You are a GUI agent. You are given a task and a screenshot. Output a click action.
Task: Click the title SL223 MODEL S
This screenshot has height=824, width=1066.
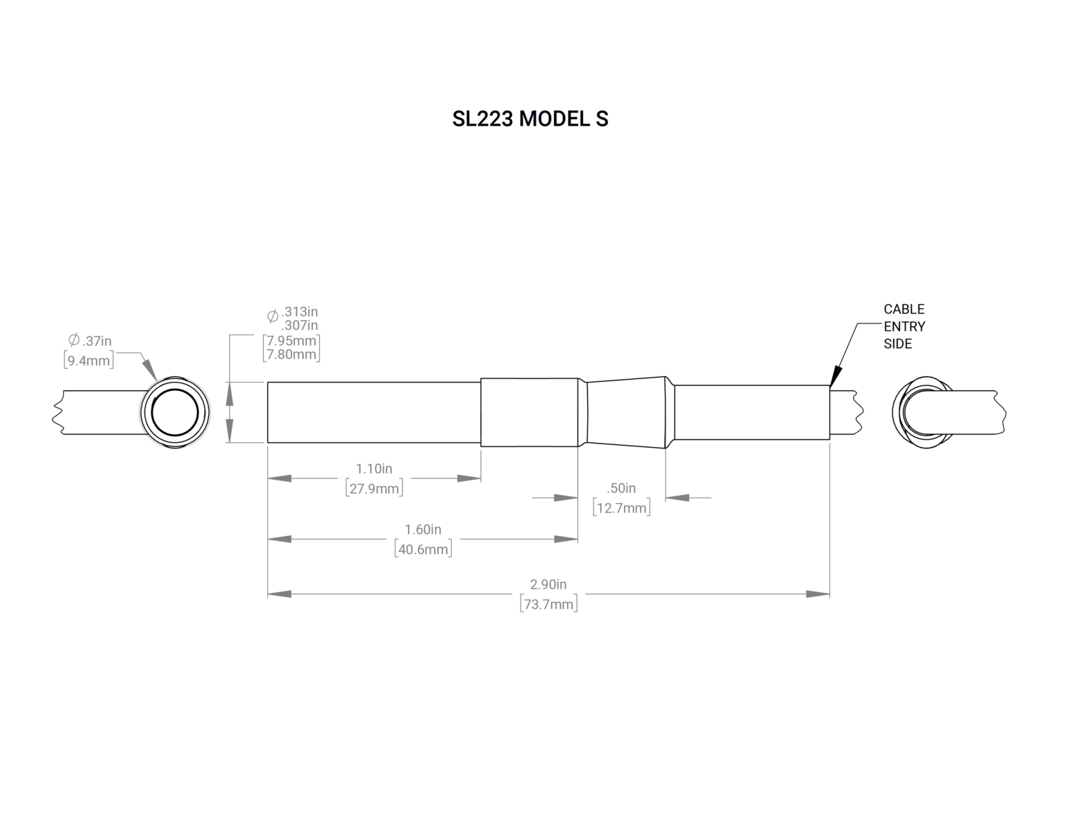click(x=530, y=119)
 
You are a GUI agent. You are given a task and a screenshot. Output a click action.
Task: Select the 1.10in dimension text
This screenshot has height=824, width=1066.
click(x=374, y=469)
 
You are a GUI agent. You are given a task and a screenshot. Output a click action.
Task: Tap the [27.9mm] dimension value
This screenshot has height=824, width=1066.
click(x=374, y=488)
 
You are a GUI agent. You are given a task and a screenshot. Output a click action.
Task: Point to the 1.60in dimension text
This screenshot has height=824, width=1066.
click(x=423, y=530)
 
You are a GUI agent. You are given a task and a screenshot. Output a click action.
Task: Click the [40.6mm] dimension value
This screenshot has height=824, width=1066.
click(x=423, y=549)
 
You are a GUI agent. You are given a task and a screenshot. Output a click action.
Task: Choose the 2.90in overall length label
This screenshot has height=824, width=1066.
click(x=548, y=585)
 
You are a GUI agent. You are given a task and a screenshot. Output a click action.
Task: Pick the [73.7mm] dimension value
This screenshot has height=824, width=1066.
click(x=548, y=604)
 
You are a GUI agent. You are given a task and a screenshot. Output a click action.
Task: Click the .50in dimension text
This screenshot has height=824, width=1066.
click(x=621, y=489)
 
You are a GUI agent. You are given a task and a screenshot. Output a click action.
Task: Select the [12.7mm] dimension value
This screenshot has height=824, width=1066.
click(x=621, y=508)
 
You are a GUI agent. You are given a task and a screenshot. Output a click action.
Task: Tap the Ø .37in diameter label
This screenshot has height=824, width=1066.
click(x=90, y=341)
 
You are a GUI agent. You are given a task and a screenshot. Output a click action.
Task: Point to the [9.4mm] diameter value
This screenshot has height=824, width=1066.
click(x=89, y=360)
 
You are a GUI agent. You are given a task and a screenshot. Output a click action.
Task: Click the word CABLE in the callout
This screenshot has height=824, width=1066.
click(x=904, y=309)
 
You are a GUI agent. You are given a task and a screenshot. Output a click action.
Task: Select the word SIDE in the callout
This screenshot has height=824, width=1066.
click(x=897, y=344)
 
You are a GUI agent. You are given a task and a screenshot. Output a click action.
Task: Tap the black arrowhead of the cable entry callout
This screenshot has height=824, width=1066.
click(x=835, y=377)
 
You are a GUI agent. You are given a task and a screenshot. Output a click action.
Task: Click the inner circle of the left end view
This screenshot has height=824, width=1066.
click(x=175, y=412)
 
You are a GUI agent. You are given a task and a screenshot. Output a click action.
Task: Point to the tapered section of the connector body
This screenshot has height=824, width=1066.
click(x=627, y=412)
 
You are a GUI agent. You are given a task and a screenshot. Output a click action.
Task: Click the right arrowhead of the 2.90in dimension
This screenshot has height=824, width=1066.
click(x=818, y=594)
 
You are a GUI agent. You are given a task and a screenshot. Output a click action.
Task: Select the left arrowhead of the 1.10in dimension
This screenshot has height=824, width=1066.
click(x=280, y=478)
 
